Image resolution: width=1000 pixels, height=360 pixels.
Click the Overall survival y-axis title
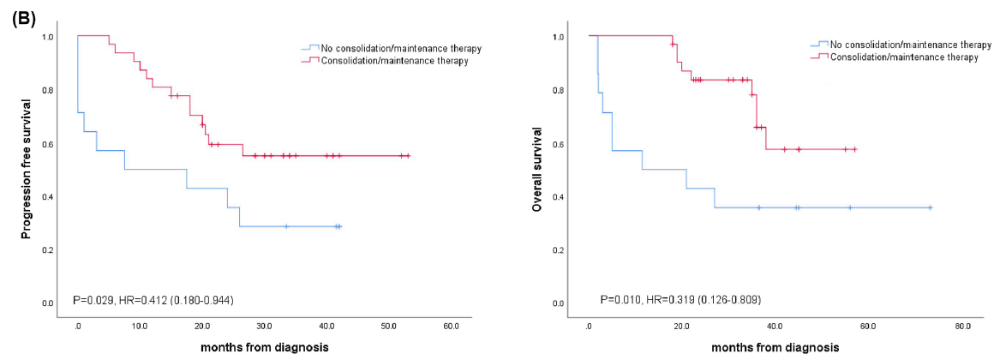coord(537,169)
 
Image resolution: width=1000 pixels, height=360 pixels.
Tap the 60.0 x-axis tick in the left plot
coord(451,327)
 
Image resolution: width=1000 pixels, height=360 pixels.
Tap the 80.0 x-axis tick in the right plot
coord(962,327)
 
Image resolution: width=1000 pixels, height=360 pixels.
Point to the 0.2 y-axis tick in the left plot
coord(48,249)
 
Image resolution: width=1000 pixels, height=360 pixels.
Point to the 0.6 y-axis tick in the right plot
coord(559,143)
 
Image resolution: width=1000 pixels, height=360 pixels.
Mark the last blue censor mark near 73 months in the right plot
coord(930,207)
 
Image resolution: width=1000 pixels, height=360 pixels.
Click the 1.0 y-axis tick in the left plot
coord(48,37)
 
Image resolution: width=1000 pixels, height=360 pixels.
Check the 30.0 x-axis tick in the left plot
coord(264,327)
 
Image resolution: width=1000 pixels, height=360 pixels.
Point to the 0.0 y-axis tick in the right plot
coord(559,303)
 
